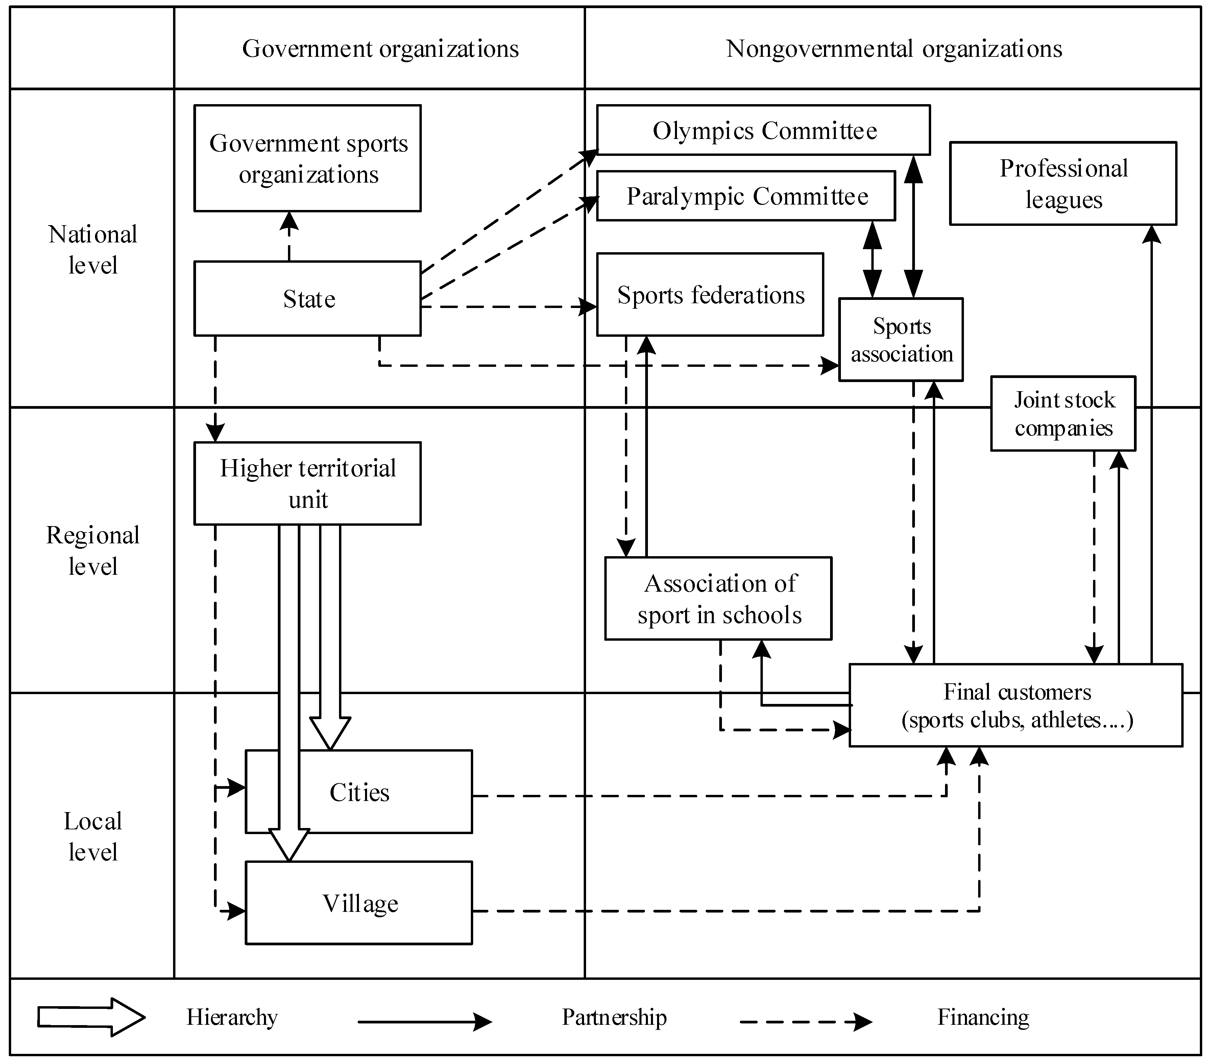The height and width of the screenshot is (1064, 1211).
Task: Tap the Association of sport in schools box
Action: coord(718,599)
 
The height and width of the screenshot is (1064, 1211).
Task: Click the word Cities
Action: coord(360,793)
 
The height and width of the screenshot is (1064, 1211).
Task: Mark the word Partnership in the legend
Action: coord(614,1017)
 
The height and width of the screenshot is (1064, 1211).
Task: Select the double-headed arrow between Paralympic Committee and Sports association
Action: coord(872,260)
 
